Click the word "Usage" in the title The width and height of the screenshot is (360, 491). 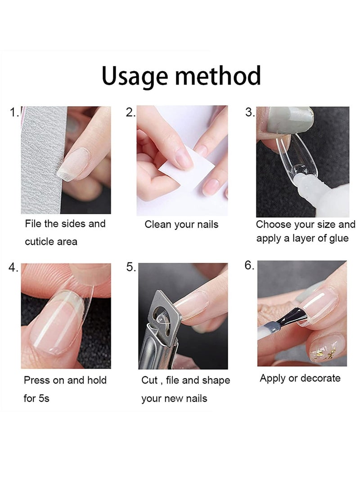click(x=135, y=77)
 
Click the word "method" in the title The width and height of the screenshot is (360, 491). click(x=218, y=76)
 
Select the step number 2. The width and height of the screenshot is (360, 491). click(x=130, y=112)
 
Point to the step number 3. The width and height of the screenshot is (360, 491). click(x=250, y=112)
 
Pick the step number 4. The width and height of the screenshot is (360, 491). click(x=13, y=268)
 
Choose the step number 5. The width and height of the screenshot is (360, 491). click(x=131, y=267)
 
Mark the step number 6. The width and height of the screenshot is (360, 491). click(x=249, y=266)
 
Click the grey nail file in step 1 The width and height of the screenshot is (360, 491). click(x=40, y=160)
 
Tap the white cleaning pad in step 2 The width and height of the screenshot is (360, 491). click(x=187, y=167)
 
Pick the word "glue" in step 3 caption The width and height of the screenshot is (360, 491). click(x=338, y=239)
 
